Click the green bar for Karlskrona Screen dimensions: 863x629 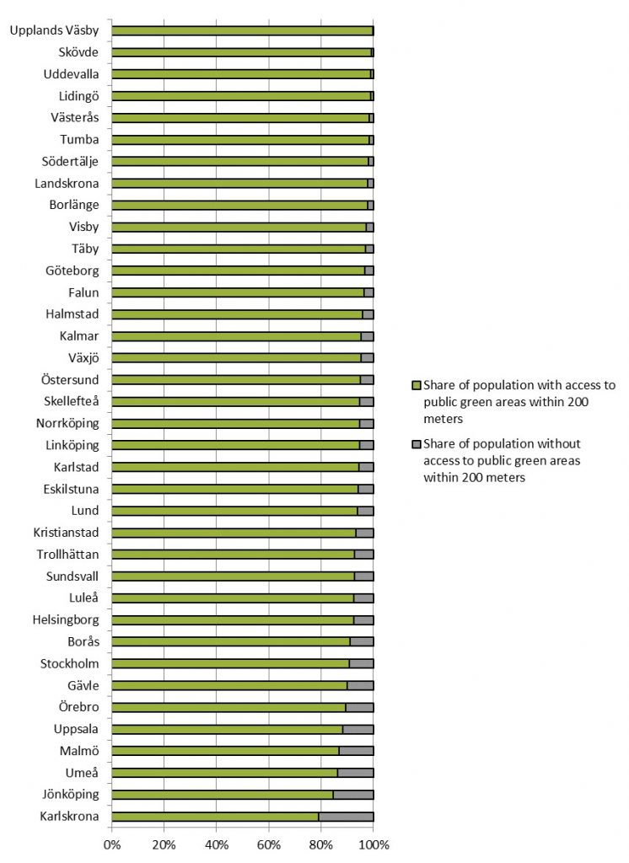(215, 816)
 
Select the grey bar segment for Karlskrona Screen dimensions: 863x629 (346, 816)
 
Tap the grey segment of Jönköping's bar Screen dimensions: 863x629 (353, 794)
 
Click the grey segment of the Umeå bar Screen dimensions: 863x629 (355, 772)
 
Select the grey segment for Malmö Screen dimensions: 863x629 (356, 750)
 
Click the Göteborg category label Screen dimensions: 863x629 (73, 271)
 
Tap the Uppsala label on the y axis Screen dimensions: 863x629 (77, 728)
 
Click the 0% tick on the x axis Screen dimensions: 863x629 (111, 844)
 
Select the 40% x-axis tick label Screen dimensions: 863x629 (216, 844)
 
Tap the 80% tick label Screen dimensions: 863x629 (320, 844)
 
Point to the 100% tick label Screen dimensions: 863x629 (374, 844)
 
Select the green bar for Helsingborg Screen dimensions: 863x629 (232, 619)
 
